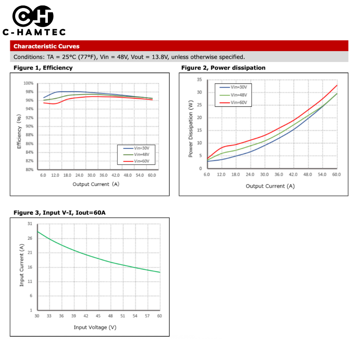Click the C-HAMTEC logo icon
(x=33, y=17)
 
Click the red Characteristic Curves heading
(x=47, y=46)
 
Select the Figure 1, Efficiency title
(x=43, y=68)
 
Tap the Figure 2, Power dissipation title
(x=223, y=68)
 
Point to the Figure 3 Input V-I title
(x=59, y=212)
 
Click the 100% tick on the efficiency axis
(x=28, y=83)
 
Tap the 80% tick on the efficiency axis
(x=29, y=169)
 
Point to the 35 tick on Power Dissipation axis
(x=199, y=80)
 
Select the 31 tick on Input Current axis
(x=30, y=223)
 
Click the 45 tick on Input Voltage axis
(x=98, y=316)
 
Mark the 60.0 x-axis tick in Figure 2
(x=337, y=174)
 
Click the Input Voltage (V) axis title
(x=95, y=327)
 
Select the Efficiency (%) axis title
(x=19, y=132)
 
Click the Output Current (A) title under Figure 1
(x=96, y=184)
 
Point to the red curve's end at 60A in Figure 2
(x=337, y=85)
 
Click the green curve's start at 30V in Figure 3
(x=37, y=231)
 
